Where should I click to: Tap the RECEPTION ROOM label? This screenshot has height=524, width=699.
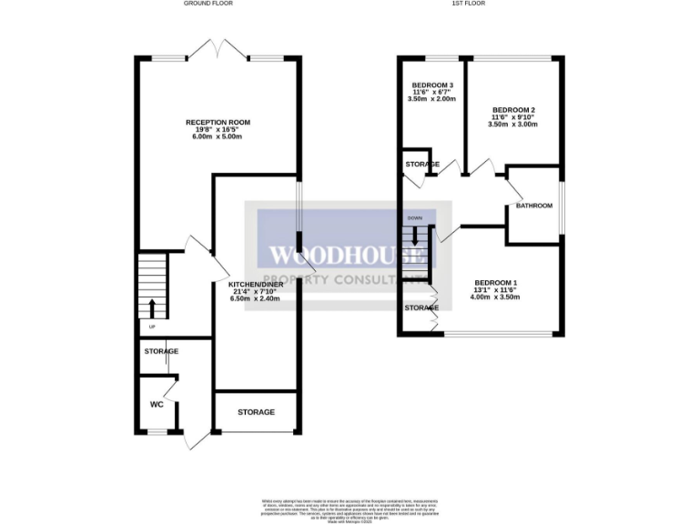click(x=218, y=122)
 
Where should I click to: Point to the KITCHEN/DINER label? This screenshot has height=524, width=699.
click(x=256, y=286)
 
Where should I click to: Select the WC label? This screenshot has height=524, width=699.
click(x=157, y=404)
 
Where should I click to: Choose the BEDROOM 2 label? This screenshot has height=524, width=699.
click(x=513, y=110)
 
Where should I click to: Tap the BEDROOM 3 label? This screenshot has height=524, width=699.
click(x=432, y=85)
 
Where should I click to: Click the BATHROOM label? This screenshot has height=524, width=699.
click(x=534, y=206)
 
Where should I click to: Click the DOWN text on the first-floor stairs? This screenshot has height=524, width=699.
click(x=415, y=218)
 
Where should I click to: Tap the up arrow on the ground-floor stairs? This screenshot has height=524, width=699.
click(x=152, y=307)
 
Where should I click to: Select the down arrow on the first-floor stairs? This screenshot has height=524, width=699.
click(x=415, y=236)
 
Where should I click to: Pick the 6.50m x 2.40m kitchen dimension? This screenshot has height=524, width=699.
click(x=256, y=298)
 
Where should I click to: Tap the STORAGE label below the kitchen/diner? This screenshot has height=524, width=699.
click(x=256, y=412)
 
